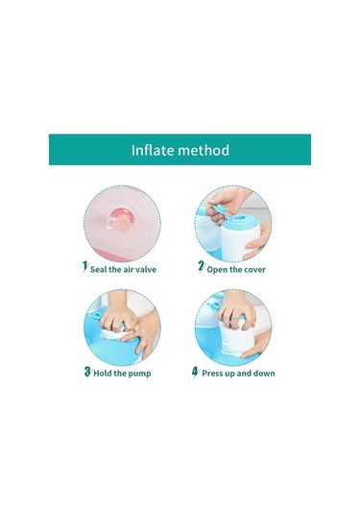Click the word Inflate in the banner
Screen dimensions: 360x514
click(153, 150)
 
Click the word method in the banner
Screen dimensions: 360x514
click(204, 150)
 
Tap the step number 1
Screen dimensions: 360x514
click(84, 266)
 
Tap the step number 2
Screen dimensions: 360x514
click(202, 266)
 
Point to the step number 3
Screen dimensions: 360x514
click(87, 372)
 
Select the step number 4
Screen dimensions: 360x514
click(195, 372)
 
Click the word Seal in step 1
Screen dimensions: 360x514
click(98, 270)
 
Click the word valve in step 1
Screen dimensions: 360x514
click(145, 270)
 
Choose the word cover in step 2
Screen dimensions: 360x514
click(254, 270)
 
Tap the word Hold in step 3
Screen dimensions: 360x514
click(103, 374)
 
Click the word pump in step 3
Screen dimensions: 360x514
click(139, 374)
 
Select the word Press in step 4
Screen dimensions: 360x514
click(212, 374)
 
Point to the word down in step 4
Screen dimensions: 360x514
click(264, 374)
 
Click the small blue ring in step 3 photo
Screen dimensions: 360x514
click(97, 315)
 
